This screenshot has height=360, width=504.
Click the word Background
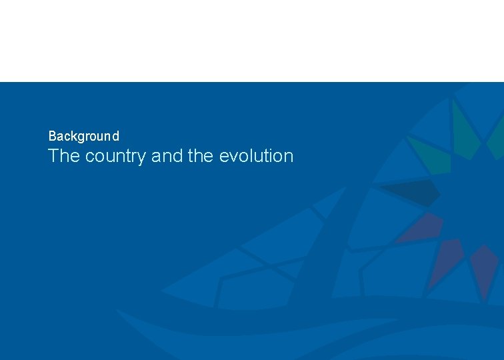[84, 136]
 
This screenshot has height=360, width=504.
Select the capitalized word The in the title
[64, 156]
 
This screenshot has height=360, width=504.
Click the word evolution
[256, 156]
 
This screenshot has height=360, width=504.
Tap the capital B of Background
[52, 136]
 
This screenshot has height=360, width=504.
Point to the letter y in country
[142, 159]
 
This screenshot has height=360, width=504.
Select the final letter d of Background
[116, 136]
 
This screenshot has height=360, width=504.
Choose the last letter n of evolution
[288, 157]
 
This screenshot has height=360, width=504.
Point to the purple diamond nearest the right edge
[484, 267]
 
